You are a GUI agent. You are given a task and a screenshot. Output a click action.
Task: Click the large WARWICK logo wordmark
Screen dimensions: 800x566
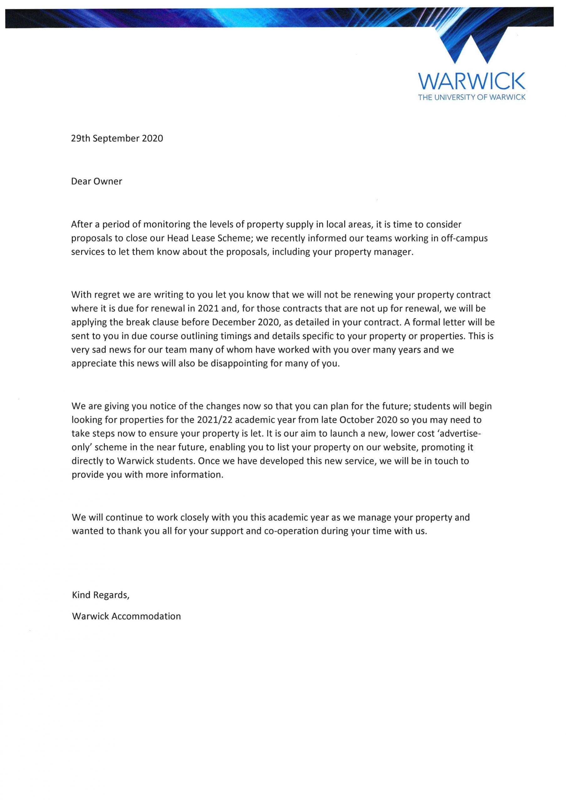coord(472,81)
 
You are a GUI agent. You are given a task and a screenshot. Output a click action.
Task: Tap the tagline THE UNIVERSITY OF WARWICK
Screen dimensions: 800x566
coord(472,97)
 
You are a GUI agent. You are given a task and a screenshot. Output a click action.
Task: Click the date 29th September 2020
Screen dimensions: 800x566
coord(117,138)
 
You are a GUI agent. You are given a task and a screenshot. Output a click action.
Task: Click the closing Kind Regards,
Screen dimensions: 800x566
coord(100,595)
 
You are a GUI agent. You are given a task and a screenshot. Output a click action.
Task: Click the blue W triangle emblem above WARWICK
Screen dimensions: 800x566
coord(472,47)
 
